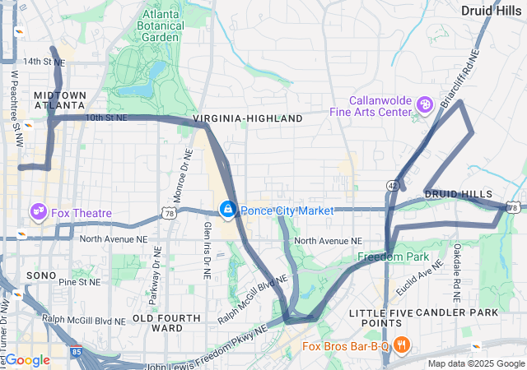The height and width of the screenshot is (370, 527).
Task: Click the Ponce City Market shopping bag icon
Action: coord(227,210)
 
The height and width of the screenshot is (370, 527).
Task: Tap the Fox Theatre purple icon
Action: coord(38,213)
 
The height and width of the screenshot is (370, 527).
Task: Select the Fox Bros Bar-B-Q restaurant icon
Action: coord(401,345)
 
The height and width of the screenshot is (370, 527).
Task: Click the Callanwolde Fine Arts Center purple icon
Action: coord(424,104)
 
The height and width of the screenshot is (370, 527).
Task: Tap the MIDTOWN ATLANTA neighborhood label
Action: coord(59,100)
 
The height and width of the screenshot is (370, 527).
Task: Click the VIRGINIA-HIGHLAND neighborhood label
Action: coord(248,119)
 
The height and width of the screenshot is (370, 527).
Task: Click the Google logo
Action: coord(27,360)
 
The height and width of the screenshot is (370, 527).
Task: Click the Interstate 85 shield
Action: coord(77,352)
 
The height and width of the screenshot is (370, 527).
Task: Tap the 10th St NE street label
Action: coord(106,118)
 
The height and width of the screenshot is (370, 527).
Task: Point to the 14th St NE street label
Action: coord(44,62)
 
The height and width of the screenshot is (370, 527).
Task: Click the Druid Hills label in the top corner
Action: coord(491,11)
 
